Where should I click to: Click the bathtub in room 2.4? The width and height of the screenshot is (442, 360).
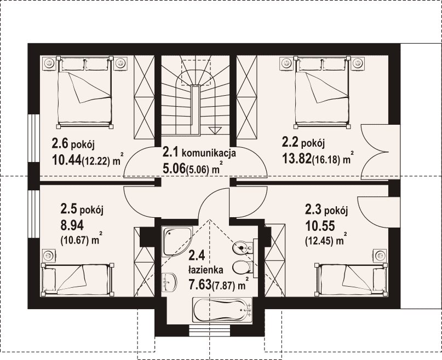click(222, 310)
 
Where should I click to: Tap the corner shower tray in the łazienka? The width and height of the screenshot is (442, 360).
click(176, 241)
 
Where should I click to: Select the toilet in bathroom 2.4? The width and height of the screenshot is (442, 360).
click(243, 267)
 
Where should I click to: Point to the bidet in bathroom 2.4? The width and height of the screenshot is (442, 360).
click(243, 248)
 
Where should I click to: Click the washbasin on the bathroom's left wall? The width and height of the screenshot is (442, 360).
click(169, 282)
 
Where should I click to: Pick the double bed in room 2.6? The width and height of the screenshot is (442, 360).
click(85, 92)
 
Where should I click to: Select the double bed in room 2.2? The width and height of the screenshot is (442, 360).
click(322, 92)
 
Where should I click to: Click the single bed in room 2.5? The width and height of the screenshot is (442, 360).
click(77, 280)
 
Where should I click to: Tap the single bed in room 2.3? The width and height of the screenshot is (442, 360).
click(351, 280)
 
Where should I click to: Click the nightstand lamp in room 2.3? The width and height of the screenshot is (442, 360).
click(380, 256)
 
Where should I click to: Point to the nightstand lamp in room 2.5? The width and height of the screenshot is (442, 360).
click(49, 256)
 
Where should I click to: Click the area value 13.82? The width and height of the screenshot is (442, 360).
click(296, 159)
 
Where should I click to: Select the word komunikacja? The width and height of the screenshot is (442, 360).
click(209, 154)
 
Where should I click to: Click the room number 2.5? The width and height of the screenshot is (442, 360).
click(68, 210)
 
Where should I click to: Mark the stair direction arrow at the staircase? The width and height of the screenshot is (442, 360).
click(215, 130)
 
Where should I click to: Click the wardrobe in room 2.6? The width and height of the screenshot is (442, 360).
click(144, 97)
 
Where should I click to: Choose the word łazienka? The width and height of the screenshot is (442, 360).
click(206, 270)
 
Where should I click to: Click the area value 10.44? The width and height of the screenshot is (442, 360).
click(66, 160)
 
